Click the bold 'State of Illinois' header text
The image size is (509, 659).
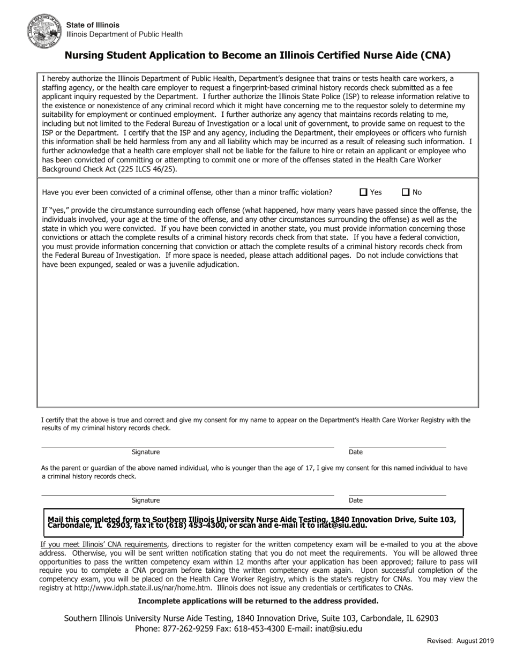click(93, 25)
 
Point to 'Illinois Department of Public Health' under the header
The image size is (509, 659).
click(124, 34)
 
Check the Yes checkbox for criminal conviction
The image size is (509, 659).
click(364, 192)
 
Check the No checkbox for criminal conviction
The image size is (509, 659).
click(406, 192)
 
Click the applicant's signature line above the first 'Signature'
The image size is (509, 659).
click(188, 446)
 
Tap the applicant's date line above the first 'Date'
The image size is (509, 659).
click(397, 446)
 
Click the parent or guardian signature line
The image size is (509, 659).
click(188, 495)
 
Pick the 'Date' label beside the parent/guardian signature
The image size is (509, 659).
click(356, 500)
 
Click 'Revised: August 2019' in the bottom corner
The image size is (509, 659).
click(460, 641)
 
